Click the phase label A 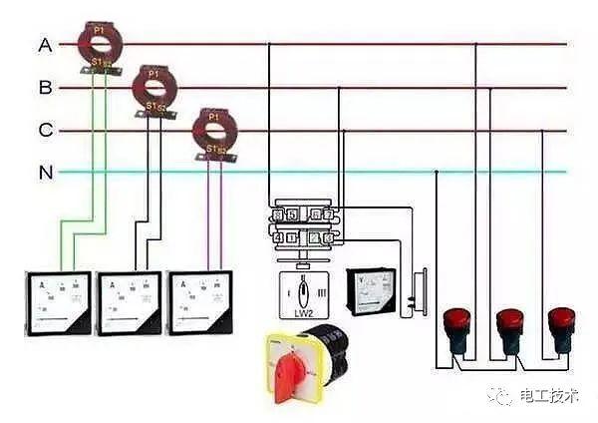[x=45, y=45]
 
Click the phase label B [x=45, y=88]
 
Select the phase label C [x=45, y=130]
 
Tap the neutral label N [x=45, y=173]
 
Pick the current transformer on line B [x=152, y=87]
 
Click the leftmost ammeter [x=58, y=300]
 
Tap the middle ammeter [x=131, y=300]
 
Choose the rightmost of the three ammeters [x=204, y=300]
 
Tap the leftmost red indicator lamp [x=456, y=329]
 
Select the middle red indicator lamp [x=509, y=329]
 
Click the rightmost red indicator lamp [x=561, y=329]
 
